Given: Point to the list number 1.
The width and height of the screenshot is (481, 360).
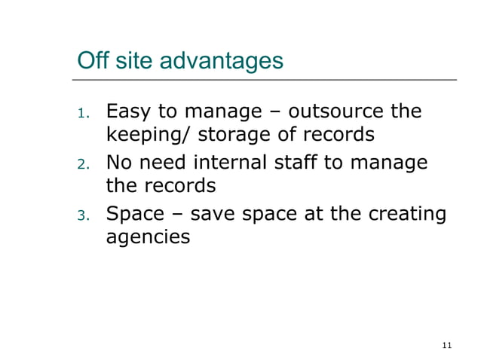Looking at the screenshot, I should click(83, 114).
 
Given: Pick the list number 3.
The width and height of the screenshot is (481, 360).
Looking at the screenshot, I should click(83, 215).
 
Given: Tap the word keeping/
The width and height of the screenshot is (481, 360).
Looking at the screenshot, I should click(148, 136).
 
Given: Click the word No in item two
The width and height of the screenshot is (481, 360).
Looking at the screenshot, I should click(118, 163).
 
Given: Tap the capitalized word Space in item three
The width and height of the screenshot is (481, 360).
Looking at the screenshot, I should click(135, 214).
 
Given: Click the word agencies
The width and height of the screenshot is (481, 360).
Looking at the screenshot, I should click(148, 238).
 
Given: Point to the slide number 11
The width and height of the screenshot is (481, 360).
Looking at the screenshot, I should click(447, 345).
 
